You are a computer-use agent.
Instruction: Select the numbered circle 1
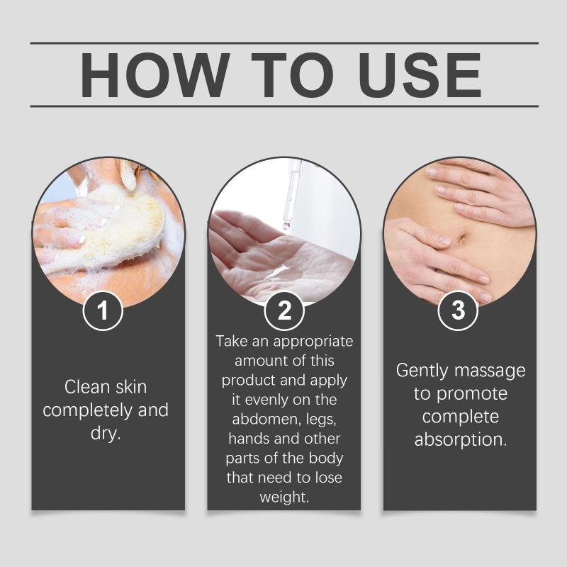[x=103, y=310]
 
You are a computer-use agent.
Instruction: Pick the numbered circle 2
[x=284, y=310]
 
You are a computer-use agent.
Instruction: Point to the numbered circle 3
[x=458, y=310]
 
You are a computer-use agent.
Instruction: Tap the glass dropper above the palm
[x=291, y=196]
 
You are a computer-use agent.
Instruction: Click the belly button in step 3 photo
[x=462, y=240]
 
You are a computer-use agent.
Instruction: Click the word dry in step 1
[x=105, y=433]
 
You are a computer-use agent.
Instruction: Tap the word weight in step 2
[x=284, y=498]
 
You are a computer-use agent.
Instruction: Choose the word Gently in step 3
[x=422, y=371]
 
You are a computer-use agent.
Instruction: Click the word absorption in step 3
[x=461, y=440]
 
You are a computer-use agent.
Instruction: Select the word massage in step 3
[x=490, y=371]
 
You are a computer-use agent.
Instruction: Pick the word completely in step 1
[x=87, y=411]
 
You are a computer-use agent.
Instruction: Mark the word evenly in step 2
[x=266, y=400]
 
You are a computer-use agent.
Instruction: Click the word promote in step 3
[x=472, y=394]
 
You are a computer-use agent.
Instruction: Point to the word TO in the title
[x=292, y=75]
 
